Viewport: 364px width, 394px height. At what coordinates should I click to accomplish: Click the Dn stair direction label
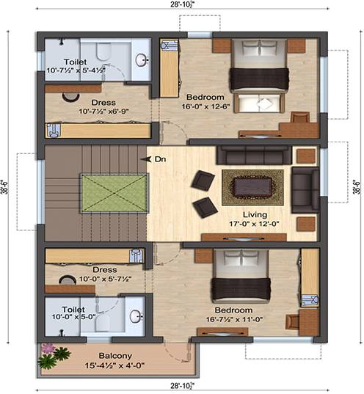point(161,159)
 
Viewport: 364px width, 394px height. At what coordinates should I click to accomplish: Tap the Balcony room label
point(115,356)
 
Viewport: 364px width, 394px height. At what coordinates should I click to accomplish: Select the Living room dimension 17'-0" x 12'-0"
point(254,223)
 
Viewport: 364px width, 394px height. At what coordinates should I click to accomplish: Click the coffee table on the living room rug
point(252,187)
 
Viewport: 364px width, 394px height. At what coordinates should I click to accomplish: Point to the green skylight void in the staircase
point(114,193)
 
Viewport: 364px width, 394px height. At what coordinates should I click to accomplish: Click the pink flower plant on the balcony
point(48,349)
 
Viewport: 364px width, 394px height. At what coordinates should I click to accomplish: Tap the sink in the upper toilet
point(141,60)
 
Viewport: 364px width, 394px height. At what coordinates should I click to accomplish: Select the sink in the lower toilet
point(136,316)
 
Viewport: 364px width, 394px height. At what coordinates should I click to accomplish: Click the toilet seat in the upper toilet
point(103,52)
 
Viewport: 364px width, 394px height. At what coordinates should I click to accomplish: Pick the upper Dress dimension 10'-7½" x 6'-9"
point(103,111)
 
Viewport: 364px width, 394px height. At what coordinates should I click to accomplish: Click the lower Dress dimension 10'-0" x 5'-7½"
point(106,279)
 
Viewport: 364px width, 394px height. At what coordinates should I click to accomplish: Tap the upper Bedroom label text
point(205,97)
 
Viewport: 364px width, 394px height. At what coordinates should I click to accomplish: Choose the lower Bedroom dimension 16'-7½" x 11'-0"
point(234,319)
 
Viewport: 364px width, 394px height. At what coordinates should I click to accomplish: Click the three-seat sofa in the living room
point(254,155)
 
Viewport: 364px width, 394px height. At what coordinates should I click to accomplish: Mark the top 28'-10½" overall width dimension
point(183,5)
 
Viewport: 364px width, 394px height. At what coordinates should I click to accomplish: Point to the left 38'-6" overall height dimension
point(4,187)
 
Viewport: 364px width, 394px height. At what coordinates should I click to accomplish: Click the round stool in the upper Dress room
point(70,98)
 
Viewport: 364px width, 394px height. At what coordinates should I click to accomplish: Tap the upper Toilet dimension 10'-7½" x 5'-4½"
point(76,70)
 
